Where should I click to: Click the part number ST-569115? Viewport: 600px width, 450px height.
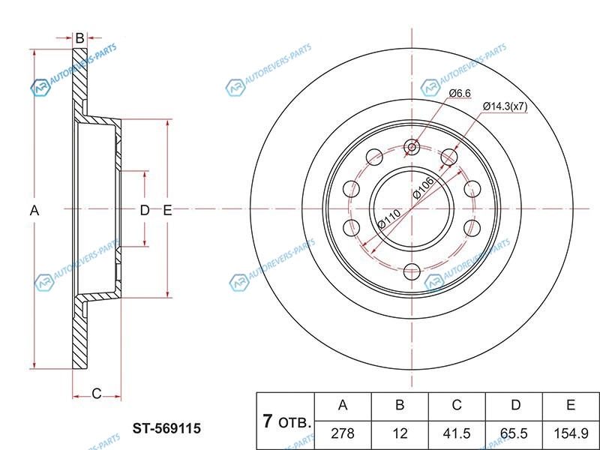166,429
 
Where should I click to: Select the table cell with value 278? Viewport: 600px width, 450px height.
343,433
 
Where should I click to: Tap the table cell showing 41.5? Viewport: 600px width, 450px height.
456,433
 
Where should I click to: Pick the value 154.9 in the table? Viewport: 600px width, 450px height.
570,433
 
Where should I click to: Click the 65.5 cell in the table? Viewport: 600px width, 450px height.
514,433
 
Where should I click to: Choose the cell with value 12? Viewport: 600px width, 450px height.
400,433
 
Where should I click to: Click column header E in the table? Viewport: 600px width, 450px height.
570,406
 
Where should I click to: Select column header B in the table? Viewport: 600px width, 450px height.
400,406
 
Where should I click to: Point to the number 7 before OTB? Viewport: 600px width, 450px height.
267,421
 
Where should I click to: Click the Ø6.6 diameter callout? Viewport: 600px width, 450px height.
459,93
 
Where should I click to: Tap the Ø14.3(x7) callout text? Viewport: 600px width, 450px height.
505,106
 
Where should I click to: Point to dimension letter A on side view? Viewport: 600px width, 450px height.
34,211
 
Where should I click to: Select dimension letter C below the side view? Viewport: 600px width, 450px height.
96,393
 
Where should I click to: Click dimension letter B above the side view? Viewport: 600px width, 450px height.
79,37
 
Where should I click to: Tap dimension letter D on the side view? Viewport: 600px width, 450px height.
145,211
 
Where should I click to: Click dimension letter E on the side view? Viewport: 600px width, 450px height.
168,211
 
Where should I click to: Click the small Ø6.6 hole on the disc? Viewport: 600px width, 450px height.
411,147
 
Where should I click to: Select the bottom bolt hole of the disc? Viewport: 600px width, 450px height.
411,271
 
